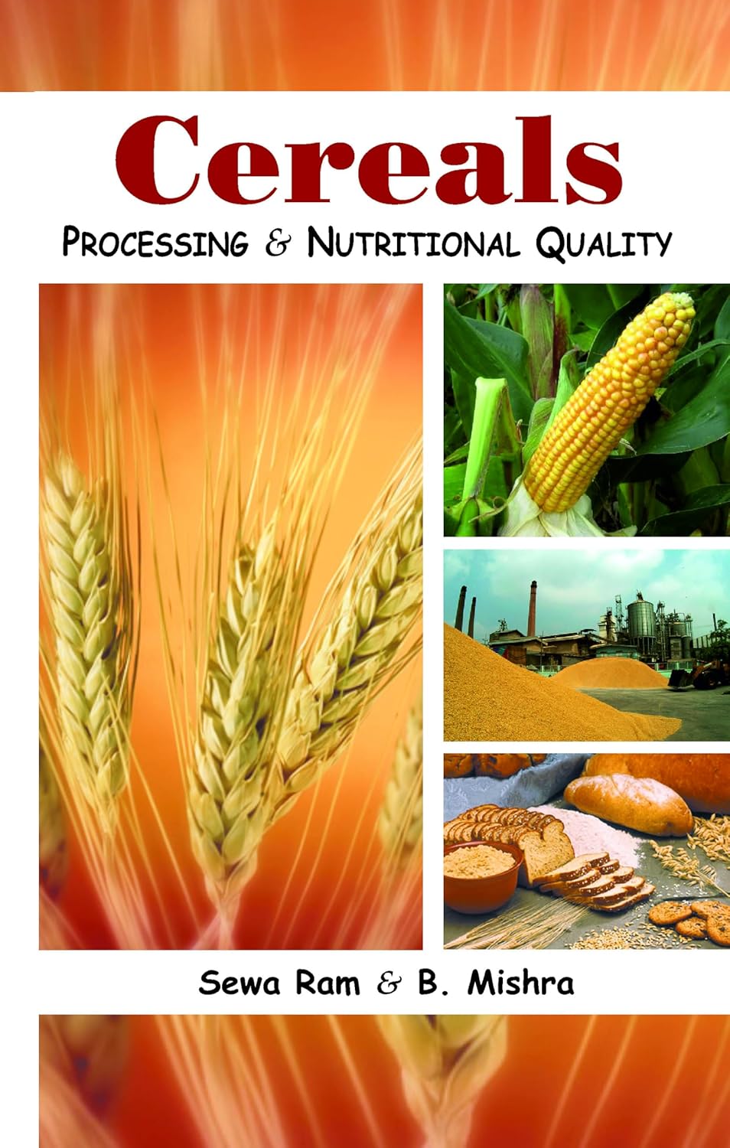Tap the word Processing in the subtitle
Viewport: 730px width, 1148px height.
(x=155, y=243)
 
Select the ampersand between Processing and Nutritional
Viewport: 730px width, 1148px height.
(x=278, y=243)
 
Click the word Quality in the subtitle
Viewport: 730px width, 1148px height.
(x=603, y=243)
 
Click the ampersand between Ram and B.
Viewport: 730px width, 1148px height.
(x=389, y=983)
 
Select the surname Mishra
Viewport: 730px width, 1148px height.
(x=520, y=983)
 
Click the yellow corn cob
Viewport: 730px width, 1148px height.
(x=612, y=398)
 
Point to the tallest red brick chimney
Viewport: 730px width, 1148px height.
(x=533, y=605)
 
